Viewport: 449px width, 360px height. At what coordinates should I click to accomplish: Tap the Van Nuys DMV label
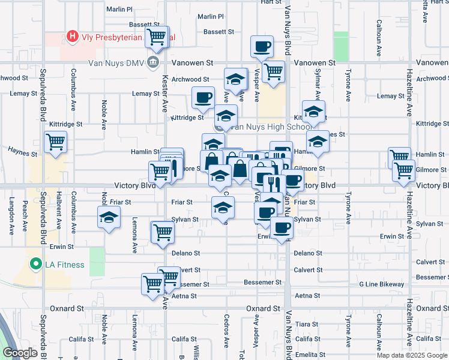click(116, 62)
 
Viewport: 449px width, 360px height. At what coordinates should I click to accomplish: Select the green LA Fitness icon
click(36, 264)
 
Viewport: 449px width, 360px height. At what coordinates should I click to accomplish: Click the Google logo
click(20, 353)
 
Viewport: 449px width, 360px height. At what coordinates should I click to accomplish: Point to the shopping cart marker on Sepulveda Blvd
click(55, 142)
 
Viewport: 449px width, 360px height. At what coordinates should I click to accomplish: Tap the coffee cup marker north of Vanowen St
click(262, 46)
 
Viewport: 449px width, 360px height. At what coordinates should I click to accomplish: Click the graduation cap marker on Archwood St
click(235, 79)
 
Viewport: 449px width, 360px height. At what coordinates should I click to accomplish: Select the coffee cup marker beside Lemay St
click(203, 97)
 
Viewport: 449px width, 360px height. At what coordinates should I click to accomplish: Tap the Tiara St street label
click(306, 324)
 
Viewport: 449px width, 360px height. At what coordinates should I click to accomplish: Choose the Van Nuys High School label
click(271, 127)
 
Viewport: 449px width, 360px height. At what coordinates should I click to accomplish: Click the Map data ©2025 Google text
click(411, 355)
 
